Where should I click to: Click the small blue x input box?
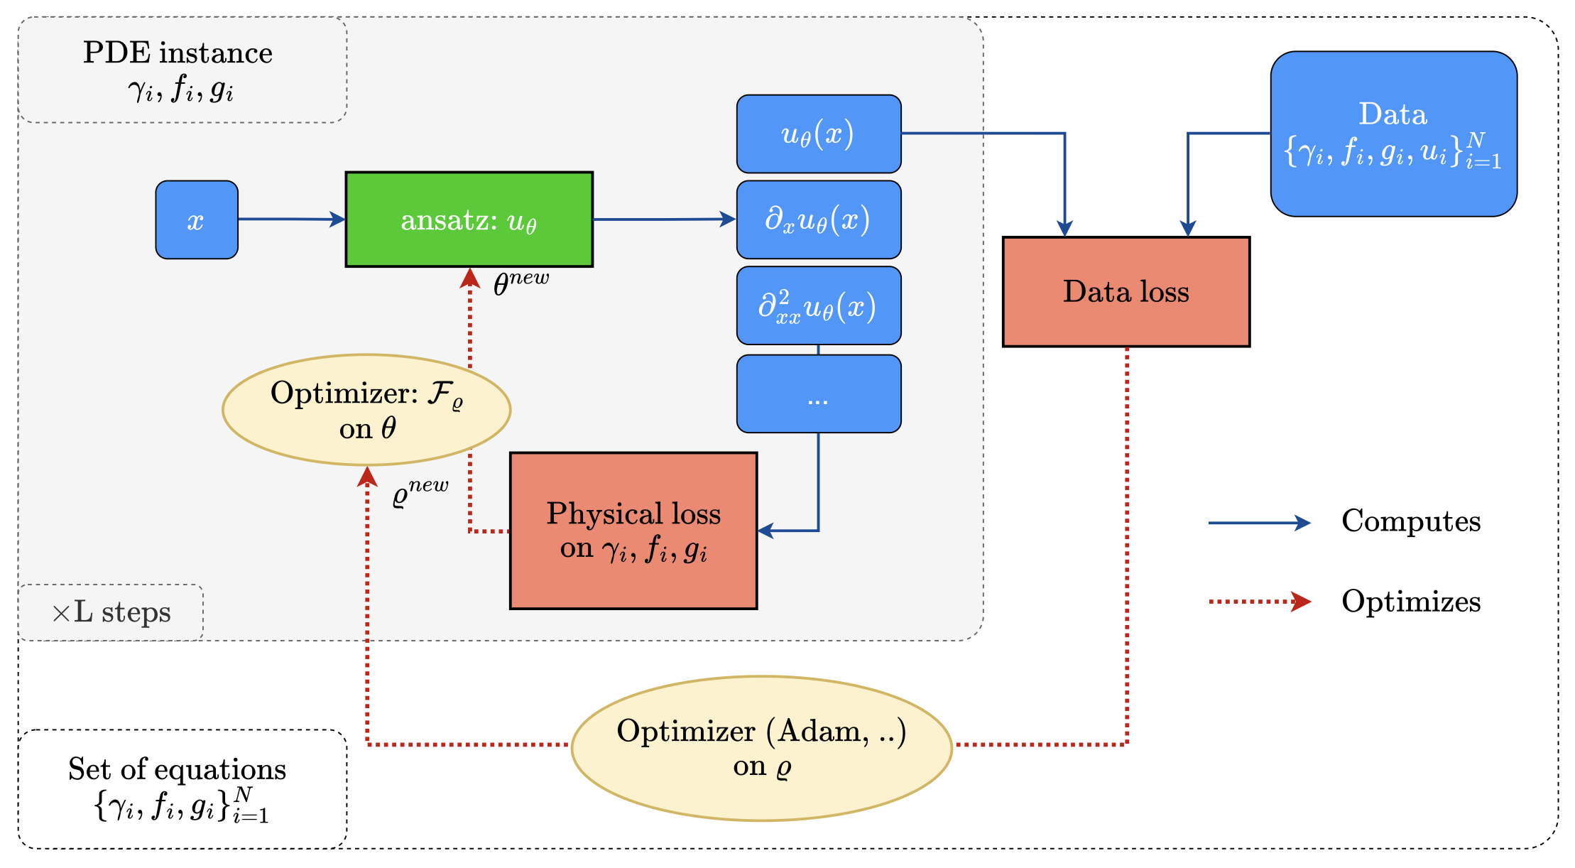[197, 220]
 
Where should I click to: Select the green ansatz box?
[469, 219]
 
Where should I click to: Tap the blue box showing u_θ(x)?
[818, 134]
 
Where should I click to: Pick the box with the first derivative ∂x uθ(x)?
[818, 219]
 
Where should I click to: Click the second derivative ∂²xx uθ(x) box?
[818, 306]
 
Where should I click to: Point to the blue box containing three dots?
[818, 394]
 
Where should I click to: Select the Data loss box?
[1126, 292]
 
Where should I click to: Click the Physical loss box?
[633, 531]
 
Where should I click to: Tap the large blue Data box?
[1393, 134]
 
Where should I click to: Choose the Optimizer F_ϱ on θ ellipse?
[366, 410]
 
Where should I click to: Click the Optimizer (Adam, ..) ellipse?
[761, 748]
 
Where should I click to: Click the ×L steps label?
[111, 612]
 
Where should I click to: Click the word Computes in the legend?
[1410, 521]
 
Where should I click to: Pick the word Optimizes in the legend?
[1410, 602]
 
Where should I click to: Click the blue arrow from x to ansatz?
[291, 219]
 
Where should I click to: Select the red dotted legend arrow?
[1258, 602]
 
